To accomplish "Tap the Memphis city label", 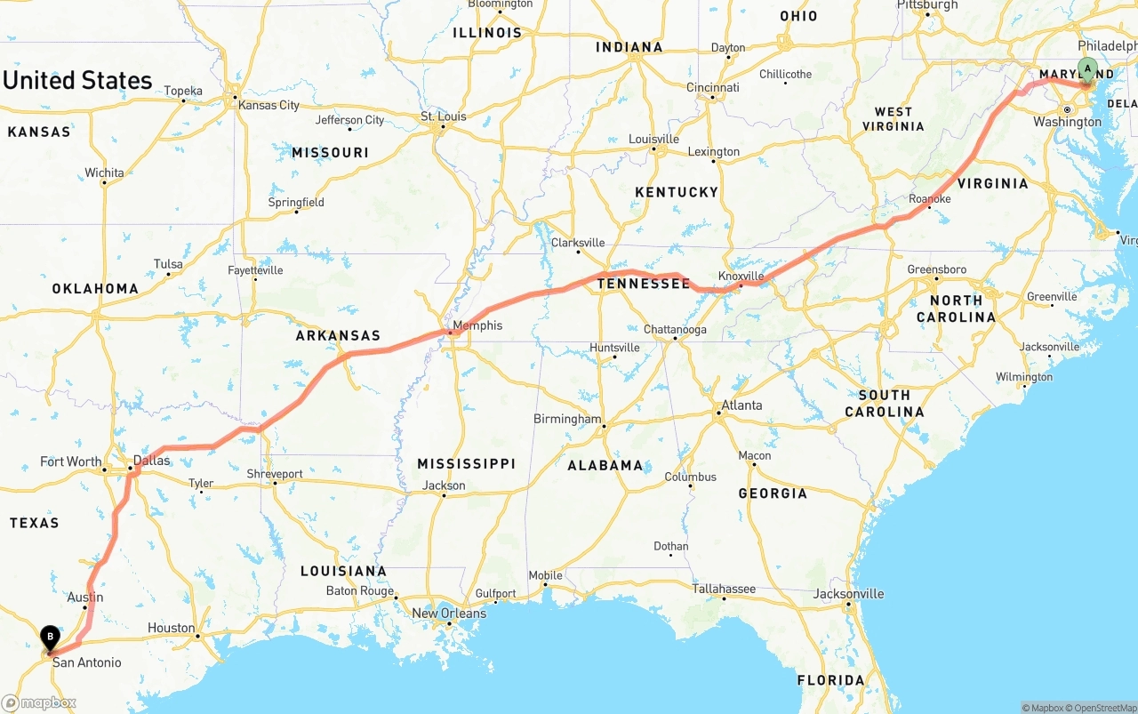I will tap(477, 325).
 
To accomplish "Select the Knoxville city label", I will tap(741, 277).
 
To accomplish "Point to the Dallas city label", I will tap(151, 461).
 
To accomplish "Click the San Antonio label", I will tap(86, 662).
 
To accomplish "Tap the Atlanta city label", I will tap(741, 405).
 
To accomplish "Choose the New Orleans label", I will tap(449, 613).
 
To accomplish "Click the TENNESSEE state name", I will tap(643, 284).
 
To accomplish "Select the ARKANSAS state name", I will tap(338, 336).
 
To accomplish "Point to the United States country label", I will tap(77, 80).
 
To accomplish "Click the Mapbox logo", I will tap(38, 703).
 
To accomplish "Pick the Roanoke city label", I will tap(930, 199).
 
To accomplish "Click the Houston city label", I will tap(171, 628).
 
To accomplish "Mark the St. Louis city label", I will tap(444, 116).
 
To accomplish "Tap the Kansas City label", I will tap(268, 105).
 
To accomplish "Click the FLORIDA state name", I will tap(829, 680).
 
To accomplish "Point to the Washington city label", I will tap(1067, 122).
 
